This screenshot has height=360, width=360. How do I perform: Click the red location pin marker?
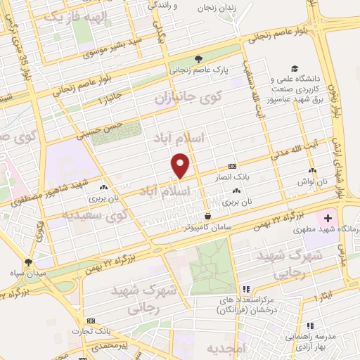click(181, 165)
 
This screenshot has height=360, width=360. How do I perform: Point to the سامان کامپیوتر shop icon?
click(207, 216)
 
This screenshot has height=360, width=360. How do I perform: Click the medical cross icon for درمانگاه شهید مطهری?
click(328, 219)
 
